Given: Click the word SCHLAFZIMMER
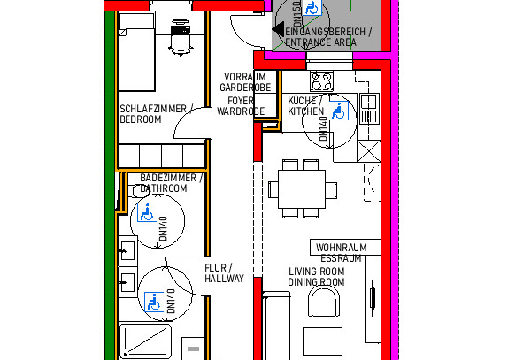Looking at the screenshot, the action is [x=153, y=109].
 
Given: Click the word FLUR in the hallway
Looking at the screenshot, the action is [x=215, y=268].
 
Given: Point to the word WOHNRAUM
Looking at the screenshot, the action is [x=342, y=248].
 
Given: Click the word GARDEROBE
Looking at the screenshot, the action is [x=245, y=88].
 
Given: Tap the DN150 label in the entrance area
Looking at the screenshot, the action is [x=297, y=13].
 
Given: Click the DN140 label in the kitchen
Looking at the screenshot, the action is [x=323, y=128].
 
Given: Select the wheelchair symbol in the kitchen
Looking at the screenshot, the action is [x=338, y=111].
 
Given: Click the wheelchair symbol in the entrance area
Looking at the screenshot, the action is [x=312, y=7].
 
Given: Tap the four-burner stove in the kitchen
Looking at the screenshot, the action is [x=321, y=80].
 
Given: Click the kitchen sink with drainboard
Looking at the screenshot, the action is [x=369, y=109].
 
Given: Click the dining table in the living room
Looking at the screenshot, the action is [x=302, y=189].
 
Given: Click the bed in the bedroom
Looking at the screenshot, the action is [x=137, y=52].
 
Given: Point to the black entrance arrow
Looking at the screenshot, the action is [x=279, y=29].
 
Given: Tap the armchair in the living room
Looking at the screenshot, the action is [x=324, y=302].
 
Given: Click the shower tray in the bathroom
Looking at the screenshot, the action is [x=146, y=341].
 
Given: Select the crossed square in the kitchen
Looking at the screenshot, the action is [x=369, y=151].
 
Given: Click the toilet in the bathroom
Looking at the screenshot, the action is [x=138, y=190].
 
